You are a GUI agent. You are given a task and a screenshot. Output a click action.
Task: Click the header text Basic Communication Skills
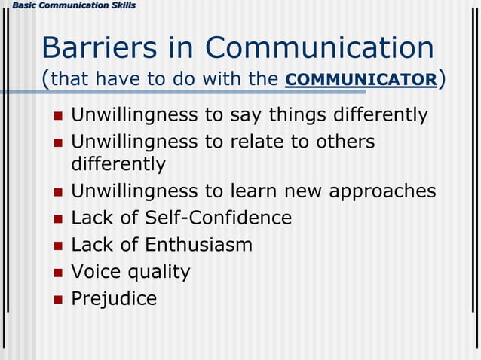coord(68,5)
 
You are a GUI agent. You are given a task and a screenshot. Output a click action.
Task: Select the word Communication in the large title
coord(320,48)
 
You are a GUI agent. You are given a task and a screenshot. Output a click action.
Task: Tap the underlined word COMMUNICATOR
coord(361,80)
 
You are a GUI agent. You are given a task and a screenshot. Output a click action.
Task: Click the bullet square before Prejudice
coord(57,300)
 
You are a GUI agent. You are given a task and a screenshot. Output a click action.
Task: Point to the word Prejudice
coord(114,299)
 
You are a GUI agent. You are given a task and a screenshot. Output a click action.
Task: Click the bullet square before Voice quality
coord(57,273)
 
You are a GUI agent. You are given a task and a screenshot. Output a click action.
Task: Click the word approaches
coord(382,192)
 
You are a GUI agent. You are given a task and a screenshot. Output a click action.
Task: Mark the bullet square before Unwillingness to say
coord(57,117)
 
